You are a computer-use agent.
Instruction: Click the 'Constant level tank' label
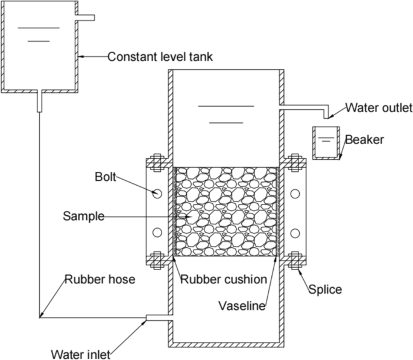pyautogui.click(x=160, y=57)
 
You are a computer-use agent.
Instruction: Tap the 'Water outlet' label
pyautogui.click(x=379, y=109)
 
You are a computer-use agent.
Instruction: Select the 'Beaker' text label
pyautogui.click(x=364, y=140)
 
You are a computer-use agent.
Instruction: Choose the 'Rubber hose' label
pyautogui.click(x=100, y=279)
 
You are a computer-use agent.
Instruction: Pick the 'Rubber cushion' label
pyautogui.click(x=224, y=279)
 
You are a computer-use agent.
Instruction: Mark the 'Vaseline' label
pyautogui.click(x=241, y=306)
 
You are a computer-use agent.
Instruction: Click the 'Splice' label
pyautogui.click(x=326, y=289)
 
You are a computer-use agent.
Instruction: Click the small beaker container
pyautogui.click(x=325, y=144)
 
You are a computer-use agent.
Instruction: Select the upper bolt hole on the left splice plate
pyautogui.click(x=156, y=194)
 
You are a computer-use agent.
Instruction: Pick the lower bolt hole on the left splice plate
pyautogui.click(x=156, y=233)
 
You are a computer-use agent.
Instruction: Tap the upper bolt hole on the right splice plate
pyautogui.click(x=295, y=194)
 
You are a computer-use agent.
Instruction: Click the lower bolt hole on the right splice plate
pyautogui.click(x=295, y=233)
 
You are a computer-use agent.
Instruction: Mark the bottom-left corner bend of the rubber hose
pyautogui.click(x=40, y=316)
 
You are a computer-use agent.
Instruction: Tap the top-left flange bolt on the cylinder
pyautogui.click(x=156, y=162)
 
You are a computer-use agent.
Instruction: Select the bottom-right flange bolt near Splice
pyautogui.click(x=295, y=262)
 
